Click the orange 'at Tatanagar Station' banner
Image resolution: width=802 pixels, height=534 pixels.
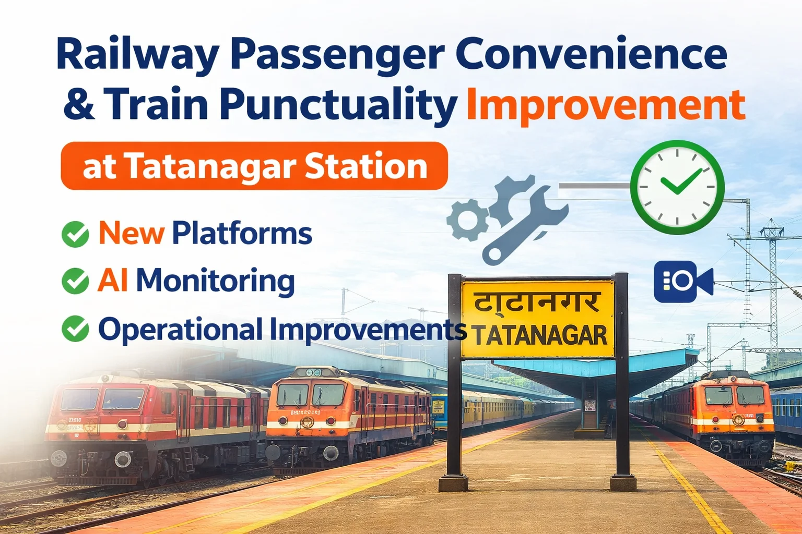(x=254, y=166)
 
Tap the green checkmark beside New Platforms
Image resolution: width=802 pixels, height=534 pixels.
(x=75, y=234)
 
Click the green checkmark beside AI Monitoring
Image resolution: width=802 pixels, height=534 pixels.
(x=75, y=281)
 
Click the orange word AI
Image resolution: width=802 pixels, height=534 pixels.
(x=113, y=281)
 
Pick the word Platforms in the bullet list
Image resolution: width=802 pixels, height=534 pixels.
(x=242, y=233)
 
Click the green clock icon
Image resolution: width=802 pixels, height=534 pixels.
(x=677, y=187)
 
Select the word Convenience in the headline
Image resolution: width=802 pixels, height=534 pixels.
(x=591, y=55)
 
